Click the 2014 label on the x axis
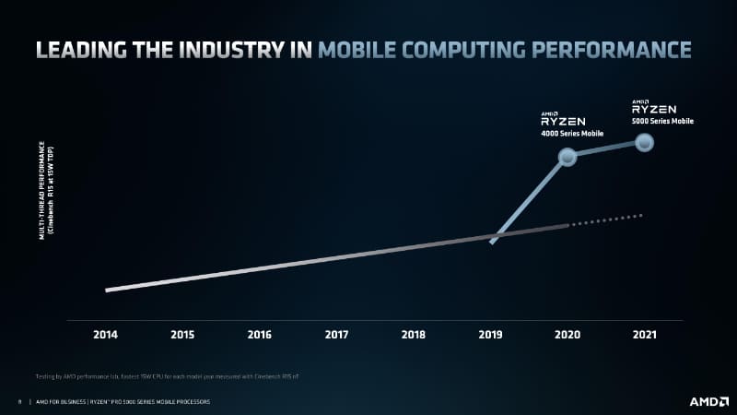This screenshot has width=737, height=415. [x=106, y=334]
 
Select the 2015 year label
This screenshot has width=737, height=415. [x=182, y=334]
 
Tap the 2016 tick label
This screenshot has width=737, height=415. [x=260, y=334]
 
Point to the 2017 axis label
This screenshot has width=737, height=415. [x=336, y=334]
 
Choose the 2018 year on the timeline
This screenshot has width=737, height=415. [x=414, y=334]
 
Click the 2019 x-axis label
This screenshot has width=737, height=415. [x=490, y=334]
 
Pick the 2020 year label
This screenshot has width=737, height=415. [x=567, y=334]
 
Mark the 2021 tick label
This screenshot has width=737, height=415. [x=644, y=334]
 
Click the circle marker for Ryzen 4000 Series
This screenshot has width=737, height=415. [x=567, y=157]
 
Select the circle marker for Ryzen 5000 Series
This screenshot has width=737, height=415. [x=645, y=142]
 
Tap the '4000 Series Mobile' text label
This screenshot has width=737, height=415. [x=570, y=134]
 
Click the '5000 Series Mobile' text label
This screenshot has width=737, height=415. [x=662, y=121]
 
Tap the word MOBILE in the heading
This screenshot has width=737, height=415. [x=361, y=49]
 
